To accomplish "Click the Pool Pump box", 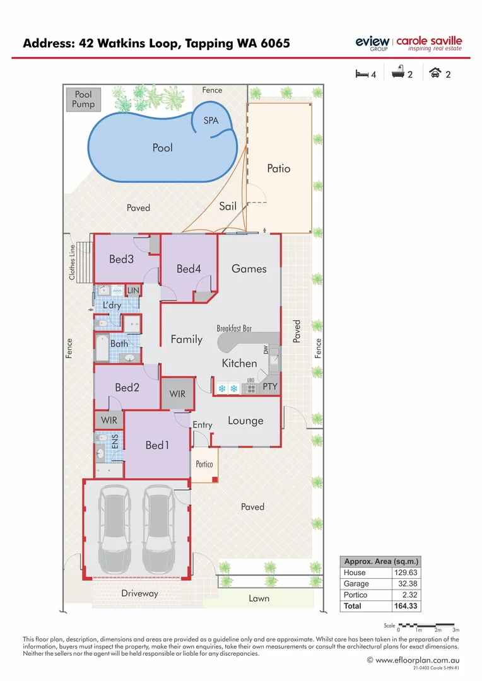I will click(83, 100).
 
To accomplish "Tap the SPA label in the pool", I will click(211, 120).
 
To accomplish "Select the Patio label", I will click(279, 168).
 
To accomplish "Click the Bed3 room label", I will click(121, 259).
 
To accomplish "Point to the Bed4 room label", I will click(189, 269).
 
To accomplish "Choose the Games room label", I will click(249, 269).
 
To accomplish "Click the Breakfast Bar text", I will click(234, 329).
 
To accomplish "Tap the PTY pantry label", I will click(269, 387).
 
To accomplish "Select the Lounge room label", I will click(245, 421).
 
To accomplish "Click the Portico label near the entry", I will click(204, 464).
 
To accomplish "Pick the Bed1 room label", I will click(158, 445).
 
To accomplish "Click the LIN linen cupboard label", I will click(133, 290).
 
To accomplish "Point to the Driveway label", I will click(139, 593).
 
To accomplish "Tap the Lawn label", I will click(259, 598).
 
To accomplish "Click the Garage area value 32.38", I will click(406, 584).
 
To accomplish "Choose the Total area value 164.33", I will click(405, 606).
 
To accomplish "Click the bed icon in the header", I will click(361, 74).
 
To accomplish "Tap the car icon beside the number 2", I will click(435, 74).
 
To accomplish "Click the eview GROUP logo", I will click(372, 43).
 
